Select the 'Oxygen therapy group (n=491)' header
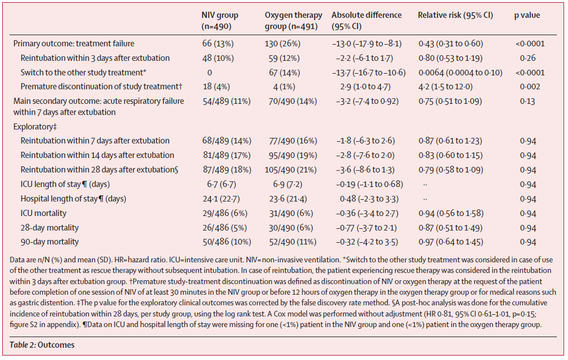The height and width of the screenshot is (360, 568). (x=290, y=21)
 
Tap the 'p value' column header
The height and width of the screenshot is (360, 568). (x=527, y=16)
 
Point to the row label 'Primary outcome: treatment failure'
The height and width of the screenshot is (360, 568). (x=74, y=44)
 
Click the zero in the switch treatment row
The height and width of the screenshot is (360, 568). (x=209, y=73)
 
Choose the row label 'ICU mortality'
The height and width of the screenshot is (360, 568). (x=44, y=213)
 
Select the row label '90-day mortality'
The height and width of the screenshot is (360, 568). (x=50, y=242)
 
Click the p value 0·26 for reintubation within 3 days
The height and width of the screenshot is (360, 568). (x=528, y=58)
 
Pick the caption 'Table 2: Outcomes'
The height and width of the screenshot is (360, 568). (x=42, y=345)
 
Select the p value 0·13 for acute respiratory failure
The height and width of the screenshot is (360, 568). (x=528, y=101)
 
